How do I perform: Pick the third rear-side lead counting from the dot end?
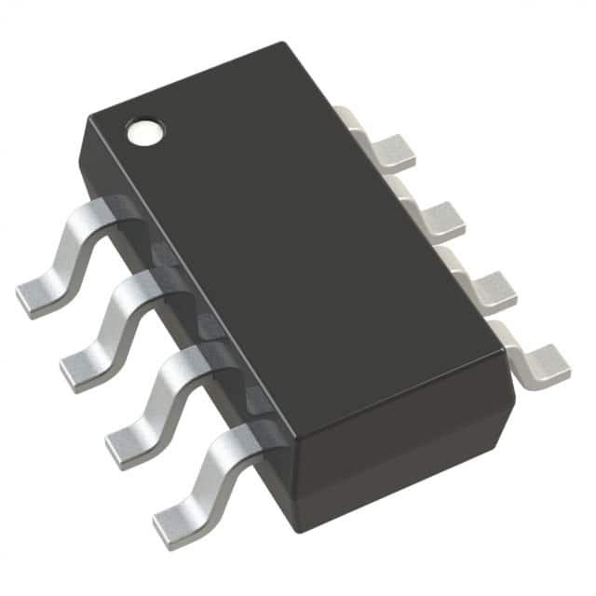tap(480, 283)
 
